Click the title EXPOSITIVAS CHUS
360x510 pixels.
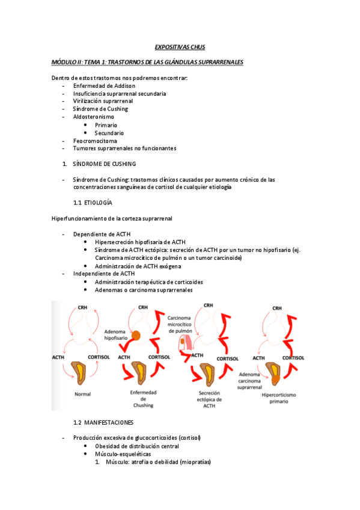pyautogui.click(x=180, y=47)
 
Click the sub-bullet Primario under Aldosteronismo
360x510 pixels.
pyautogui.click(x=106, y=125)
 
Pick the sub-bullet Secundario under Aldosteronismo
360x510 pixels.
pyautogui.click(x=109, y=133)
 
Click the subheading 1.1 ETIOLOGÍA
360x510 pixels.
pyautogui.click(x=92, y=203)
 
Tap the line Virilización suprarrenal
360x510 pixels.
pyautogui.click(x=103, y=102)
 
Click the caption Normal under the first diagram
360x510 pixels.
pyautogui.click(x=82, y=395)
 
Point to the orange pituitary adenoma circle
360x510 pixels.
pyautogui.click(x=136, y=335)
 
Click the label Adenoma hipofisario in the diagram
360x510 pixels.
pyautogui.click(x=115, y=335)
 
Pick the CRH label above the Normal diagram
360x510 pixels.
pyautogui.click(x=83, y=308)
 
